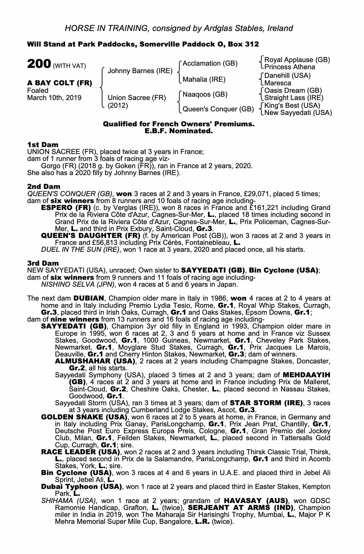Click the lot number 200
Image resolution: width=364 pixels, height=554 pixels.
(x=39, y=64)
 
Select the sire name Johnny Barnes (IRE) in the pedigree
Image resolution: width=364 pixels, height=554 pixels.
(x=140, y=71)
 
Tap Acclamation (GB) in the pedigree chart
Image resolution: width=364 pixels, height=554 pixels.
(x=210, y=63)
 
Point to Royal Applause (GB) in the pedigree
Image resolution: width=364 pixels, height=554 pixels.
(x=297, y=60)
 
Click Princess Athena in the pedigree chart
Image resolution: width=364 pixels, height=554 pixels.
(x=289, y=67)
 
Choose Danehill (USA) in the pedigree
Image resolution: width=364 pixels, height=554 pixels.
(x=287, y=76)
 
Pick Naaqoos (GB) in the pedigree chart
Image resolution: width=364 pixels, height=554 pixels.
(x=205, y=94)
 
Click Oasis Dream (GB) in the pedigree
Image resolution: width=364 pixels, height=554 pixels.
(x=293, y=91)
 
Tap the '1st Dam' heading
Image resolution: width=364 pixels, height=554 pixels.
(x=43, y=145)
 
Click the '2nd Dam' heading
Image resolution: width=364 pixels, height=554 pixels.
(x=43, y=187)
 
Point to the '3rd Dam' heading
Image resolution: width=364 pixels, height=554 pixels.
(x=43, y=263)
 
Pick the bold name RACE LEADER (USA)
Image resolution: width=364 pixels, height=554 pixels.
(x=80, y=452)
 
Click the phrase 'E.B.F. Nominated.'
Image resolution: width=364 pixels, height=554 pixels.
(x=179, y=131)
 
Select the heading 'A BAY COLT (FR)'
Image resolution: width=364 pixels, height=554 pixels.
(x=60, y=83)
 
